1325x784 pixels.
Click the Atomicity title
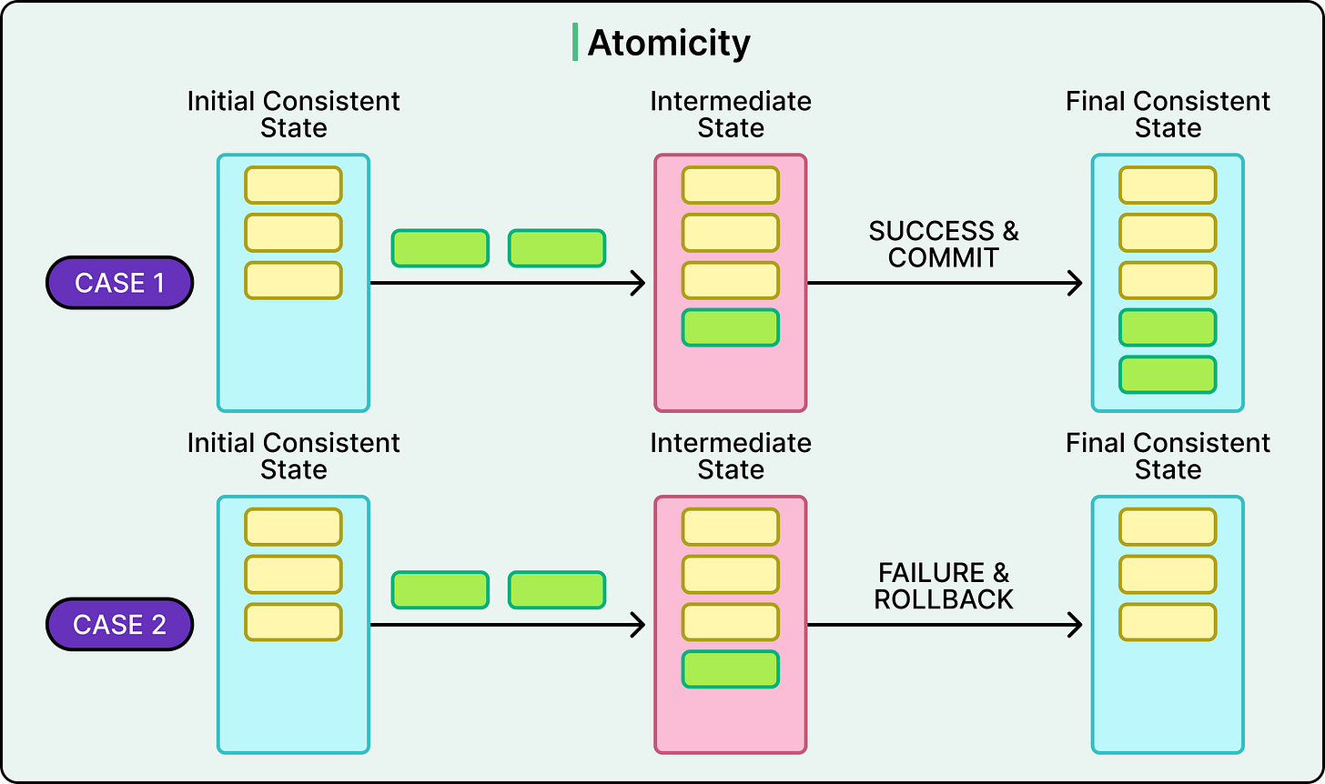pyautogui.click(x=669, y=43)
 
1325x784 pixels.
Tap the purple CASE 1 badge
pyautogui.click(x=119, y=283)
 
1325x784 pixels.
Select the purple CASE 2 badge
pyautogui.click(x=119, y=625)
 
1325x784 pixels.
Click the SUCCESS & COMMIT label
pyautogui.click(x=944, y=244)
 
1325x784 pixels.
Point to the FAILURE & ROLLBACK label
pyautogui.click(x=944, y=586)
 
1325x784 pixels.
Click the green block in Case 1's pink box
pyautogui.click(x=731, y=327)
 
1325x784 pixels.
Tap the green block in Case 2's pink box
pyautogui.click(x=731, y=669)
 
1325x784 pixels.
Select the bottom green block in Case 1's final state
pyautogui.click(x=1168, y=375)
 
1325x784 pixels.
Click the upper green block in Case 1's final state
pyautogui.click(x=1168, y=327)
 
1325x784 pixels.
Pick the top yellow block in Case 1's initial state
pyautogui.click(x=293, y=185)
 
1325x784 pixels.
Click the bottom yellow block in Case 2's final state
pyautogui.click(x=1168, y=622)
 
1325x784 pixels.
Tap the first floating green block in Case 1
pyautogui.click(x=440, y=248)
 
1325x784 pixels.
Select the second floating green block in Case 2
pyautogui.click(x=557, y=590)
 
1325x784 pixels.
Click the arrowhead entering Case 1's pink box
pyautogui.click(x=638, y=283)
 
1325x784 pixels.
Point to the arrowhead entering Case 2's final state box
pyautogui.click(x=1075, y=625)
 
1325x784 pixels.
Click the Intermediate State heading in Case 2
pyautogui.click(x=731, y=456)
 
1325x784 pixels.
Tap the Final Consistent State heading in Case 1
pyautogui.click(x=1168, y=114)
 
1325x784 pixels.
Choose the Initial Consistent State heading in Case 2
pyautogui.click(x=293, y=456)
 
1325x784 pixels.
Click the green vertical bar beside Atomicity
pyautogui.click(x=575, y=43)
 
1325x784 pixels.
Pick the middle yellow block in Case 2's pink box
pyautogui.click(x=731, y=575)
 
